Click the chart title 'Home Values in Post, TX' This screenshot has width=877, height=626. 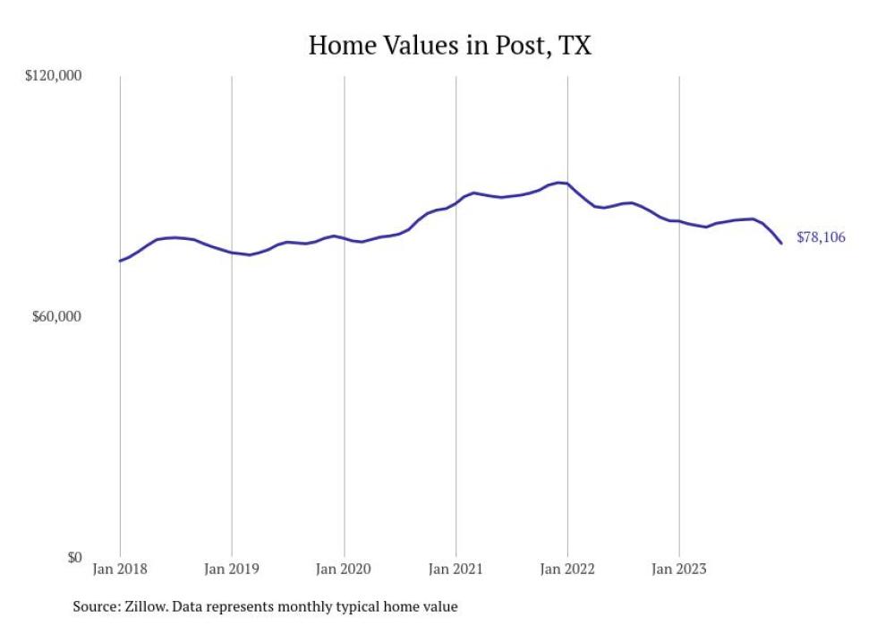click(x=449, y=46)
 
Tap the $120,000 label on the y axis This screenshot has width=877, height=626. click(x=53, y=76)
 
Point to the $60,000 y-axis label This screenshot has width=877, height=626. click(x=56, y=317)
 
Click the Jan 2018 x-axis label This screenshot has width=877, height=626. click(x=120, y=569)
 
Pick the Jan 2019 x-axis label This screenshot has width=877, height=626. click(x=232, y=569)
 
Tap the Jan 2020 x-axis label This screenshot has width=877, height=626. click(x=344, y=569)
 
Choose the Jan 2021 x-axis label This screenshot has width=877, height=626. click(x=456, y=569)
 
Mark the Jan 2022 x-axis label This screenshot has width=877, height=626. click(x=567, y=569)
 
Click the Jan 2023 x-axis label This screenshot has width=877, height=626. click(x=679, y=569)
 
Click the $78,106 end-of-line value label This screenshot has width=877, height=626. click(x=821, y=237)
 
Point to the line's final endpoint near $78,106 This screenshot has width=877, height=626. click(x=781, y=243)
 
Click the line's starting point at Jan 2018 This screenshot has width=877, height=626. click(x=120, y=261)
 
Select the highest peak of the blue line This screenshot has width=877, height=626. click(x=559, y=183)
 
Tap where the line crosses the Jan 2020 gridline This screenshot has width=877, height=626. click(x=344, y=237)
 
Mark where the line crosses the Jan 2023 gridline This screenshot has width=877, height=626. click(x=679, y=221)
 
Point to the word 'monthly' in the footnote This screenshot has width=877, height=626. click(x=302, y=606)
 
